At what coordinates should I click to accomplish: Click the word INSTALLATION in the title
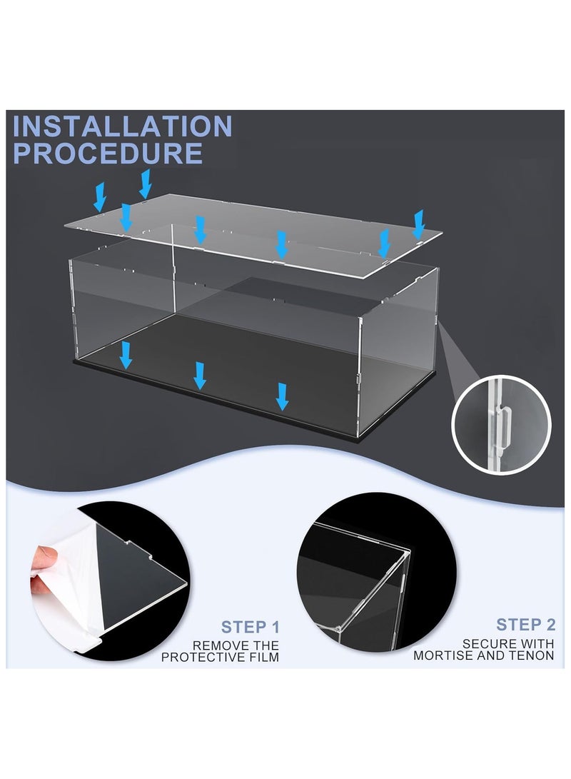(122, 126)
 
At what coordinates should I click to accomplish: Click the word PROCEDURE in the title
(108, 153)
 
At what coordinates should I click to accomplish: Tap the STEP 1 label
(251, 627)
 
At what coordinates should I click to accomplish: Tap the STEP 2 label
(526, 625)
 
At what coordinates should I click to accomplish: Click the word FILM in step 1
(263, 657)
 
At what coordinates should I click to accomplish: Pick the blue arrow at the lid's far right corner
(418, 224)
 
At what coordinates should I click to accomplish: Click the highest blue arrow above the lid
(145, 184)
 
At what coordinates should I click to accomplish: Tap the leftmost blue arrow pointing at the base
(126, 355)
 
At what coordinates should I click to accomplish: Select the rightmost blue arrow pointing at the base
(283, 396)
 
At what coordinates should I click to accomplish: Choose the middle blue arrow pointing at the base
(200, 376)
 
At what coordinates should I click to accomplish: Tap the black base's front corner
(358, 437)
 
